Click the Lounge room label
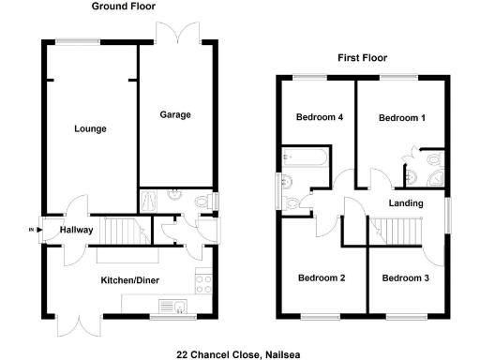(91, 128)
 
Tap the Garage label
(174, 115)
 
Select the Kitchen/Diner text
(129, 279)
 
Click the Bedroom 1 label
(401, 118)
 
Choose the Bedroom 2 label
(322, 278)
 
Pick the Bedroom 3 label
(406, 278)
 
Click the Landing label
(405, 203)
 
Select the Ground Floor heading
(124, 7)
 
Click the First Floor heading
(363, 58)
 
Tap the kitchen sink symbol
(172, 306)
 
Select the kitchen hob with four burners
(202, 279)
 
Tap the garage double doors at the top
(178, 32)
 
